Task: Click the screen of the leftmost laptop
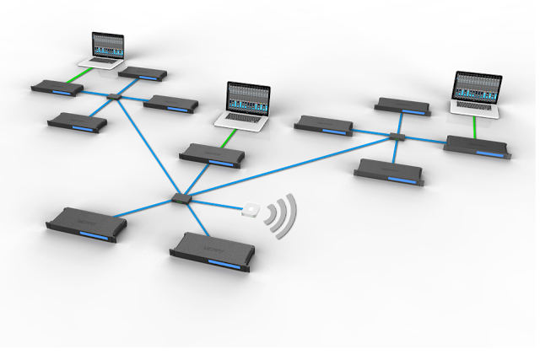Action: tap(106, 46)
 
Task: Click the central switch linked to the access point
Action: tap(181, 197)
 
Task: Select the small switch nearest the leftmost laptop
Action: tap(116, 96)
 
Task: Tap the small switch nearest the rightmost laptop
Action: tap(397, 136)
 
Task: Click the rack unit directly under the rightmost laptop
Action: tap(477, 145)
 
